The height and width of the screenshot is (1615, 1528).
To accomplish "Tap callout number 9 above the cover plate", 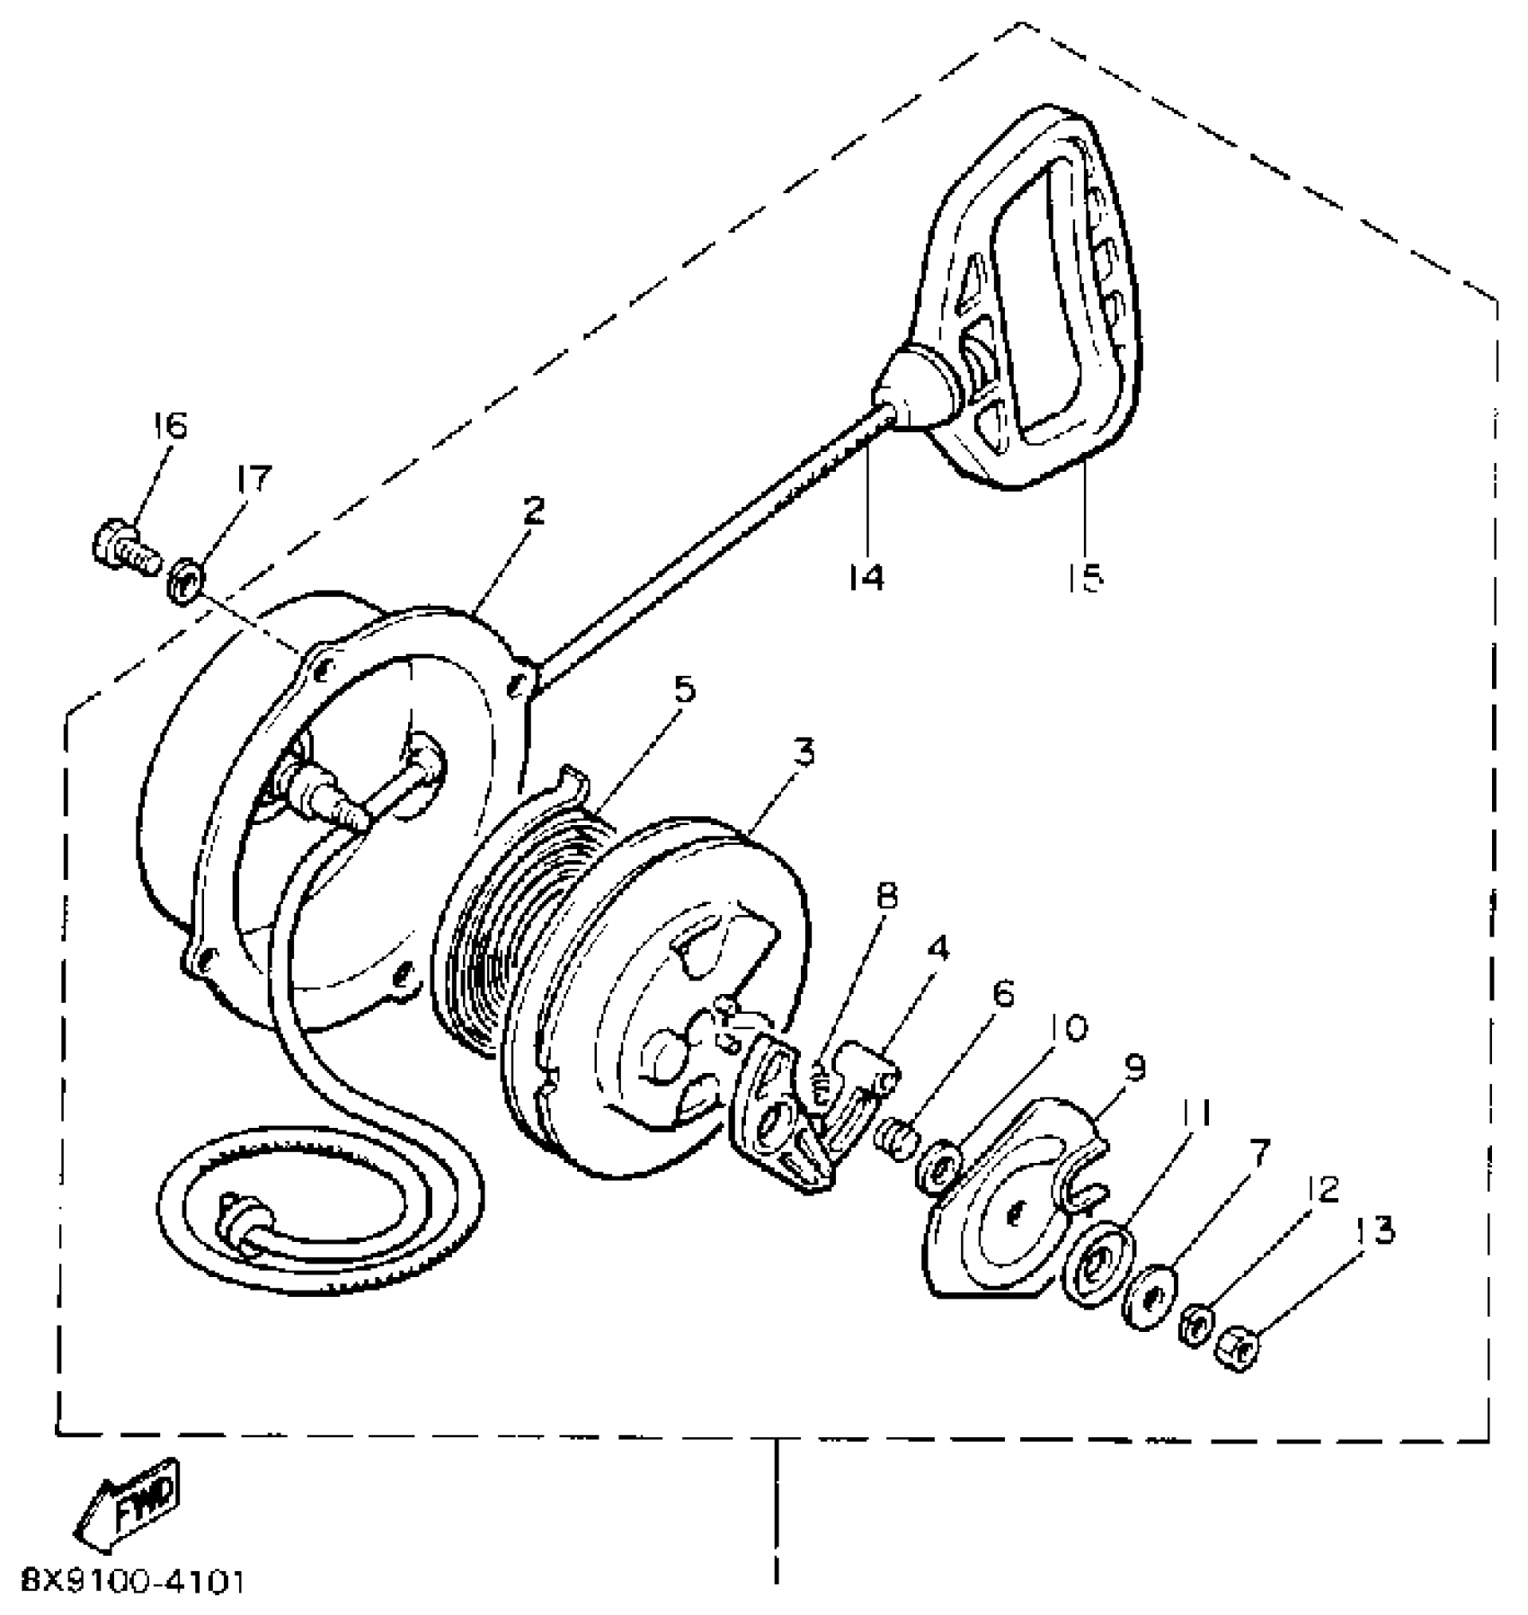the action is [x=1133, y=1068].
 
